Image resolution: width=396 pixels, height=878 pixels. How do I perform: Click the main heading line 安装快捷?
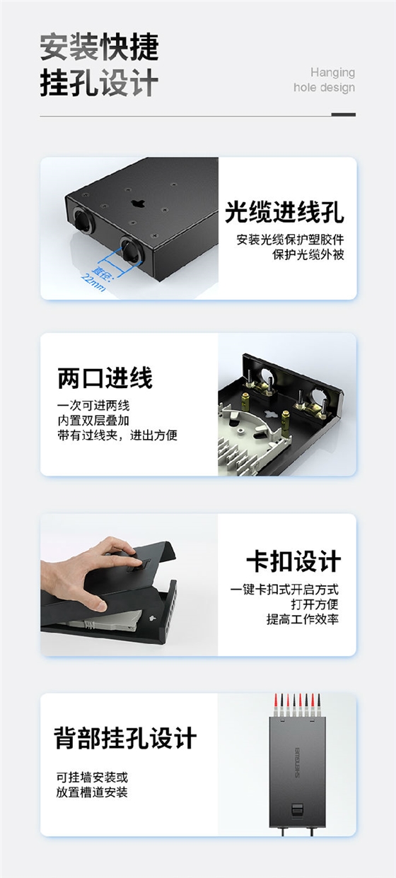tap(99, 47)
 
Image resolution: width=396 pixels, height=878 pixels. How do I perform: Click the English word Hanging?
tap(332, 72)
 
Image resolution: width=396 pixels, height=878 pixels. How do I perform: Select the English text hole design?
tap(324, 88)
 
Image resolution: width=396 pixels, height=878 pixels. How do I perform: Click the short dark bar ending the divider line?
tap(343, 115)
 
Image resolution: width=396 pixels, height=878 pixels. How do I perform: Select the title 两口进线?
tap(105, 379)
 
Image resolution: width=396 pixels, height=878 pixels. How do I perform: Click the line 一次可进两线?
tap(93, 406)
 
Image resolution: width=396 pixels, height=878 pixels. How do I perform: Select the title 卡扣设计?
tap(293, 561)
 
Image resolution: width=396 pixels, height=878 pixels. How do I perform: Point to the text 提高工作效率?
tap(303, 619)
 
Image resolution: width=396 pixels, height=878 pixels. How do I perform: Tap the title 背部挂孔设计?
tap(125, 739)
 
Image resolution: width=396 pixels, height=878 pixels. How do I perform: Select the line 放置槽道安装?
tap(93, 792)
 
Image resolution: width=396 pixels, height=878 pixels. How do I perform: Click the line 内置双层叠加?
tap(93, 421)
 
